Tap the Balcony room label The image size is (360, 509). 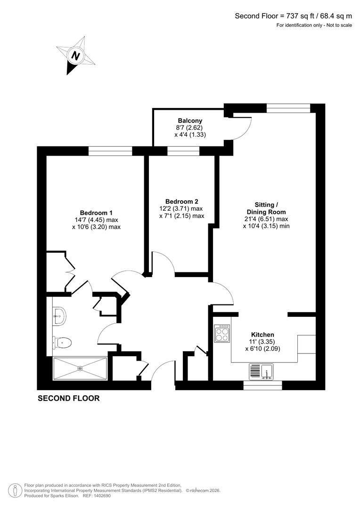click(x=190, y=121)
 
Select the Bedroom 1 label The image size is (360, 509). click(x=96, y=213)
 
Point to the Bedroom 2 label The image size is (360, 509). click(x=181, y=201)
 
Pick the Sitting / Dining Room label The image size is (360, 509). click(x=266, y=208)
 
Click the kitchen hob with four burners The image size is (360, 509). click(x=222, y=334)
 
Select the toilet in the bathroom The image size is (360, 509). click(x=63, y=342)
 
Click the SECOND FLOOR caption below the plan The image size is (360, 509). click(x=69, y=398)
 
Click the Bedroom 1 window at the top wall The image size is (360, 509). click(x=110, y=151)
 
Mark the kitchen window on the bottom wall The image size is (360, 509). click(x=262, y=385)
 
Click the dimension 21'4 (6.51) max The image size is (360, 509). click(x=266, y=219)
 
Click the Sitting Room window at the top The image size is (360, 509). click(x=288, y=108)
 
